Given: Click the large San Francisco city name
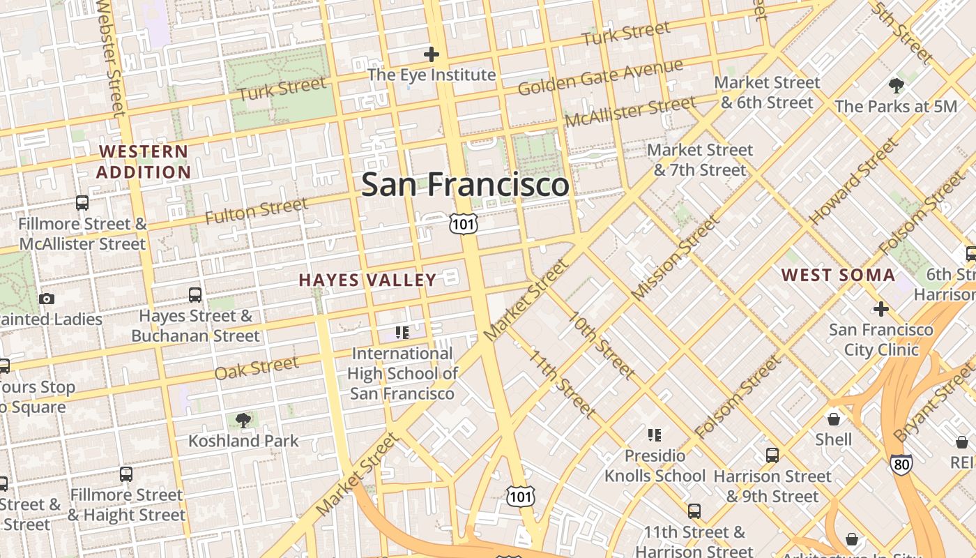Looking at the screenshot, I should click(x=465, y=185).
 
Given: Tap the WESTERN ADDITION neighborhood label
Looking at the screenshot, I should click(x=144, y=162).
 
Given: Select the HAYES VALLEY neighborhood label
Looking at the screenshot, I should click(x=367, y=280).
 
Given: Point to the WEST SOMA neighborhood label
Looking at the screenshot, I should click(x=838, y=275).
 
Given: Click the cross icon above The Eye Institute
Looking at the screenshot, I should click(x=432, y=54).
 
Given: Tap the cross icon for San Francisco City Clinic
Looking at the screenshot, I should click(x=881, y=308).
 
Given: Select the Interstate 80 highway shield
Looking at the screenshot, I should click(x=901, y=463).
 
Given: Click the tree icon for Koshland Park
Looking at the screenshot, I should click(x=243, y=420).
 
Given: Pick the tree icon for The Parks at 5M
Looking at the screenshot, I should click(x=896, y=86).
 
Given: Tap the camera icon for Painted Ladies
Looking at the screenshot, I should click(x=47, y=299).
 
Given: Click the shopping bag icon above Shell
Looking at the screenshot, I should click(x=834, y=418).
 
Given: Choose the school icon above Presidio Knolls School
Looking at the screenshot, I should click(x=654, y=435).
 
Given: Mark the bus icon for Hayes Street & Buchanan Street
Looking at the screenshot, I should click(x=195, y=295).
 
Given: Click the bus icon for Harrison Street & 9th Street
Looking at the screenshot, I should click(x=772, y=455).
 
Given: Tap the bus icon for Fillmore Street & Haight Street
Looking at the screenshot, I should click(x=126, y=474).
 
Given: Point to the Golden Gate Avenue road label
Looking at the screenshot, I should click(x=600, y=77).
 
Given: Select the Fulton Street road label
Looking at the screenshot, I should click(x=256, y=211).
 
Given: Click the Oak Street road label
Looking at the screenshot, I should click(x=256, y=368).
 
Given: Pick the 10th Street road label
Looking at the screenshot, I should click(x=600, y=346).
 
